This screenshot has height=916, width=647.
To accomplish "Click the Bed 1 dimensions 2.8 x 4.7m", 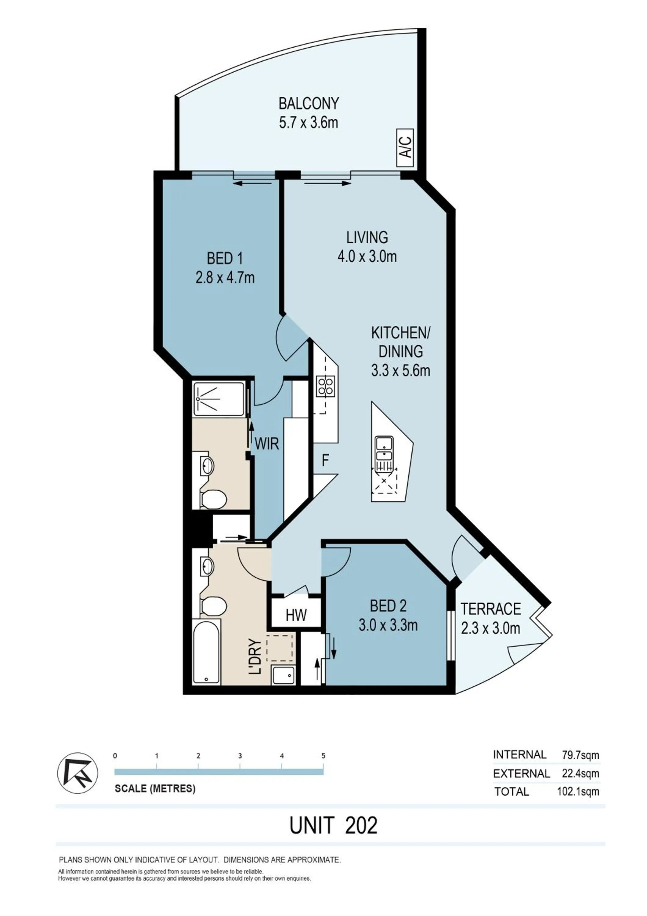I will [225, 278].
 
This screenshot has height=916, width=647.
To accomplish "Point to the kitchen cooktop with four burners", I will [326, 387].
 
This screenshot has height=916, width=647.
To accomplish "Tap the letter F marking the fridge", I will [325, 461].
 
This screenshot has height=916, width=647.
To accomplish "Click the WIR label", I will [267, 444].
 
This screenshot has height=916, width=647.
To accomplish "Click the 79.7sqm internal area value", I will [580, 755].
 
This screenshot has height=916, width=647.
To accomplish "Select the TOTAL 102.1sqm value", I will [578, 791].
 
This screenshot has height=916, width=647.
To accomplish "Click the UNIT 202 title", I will [333, 825].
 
